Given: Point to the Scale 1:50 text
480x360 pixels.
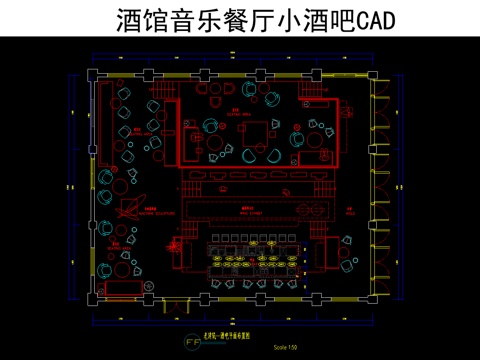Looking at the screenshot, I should pos(285,346).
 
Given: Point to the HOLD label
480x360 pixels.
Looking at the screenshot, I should pos(351,211).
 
